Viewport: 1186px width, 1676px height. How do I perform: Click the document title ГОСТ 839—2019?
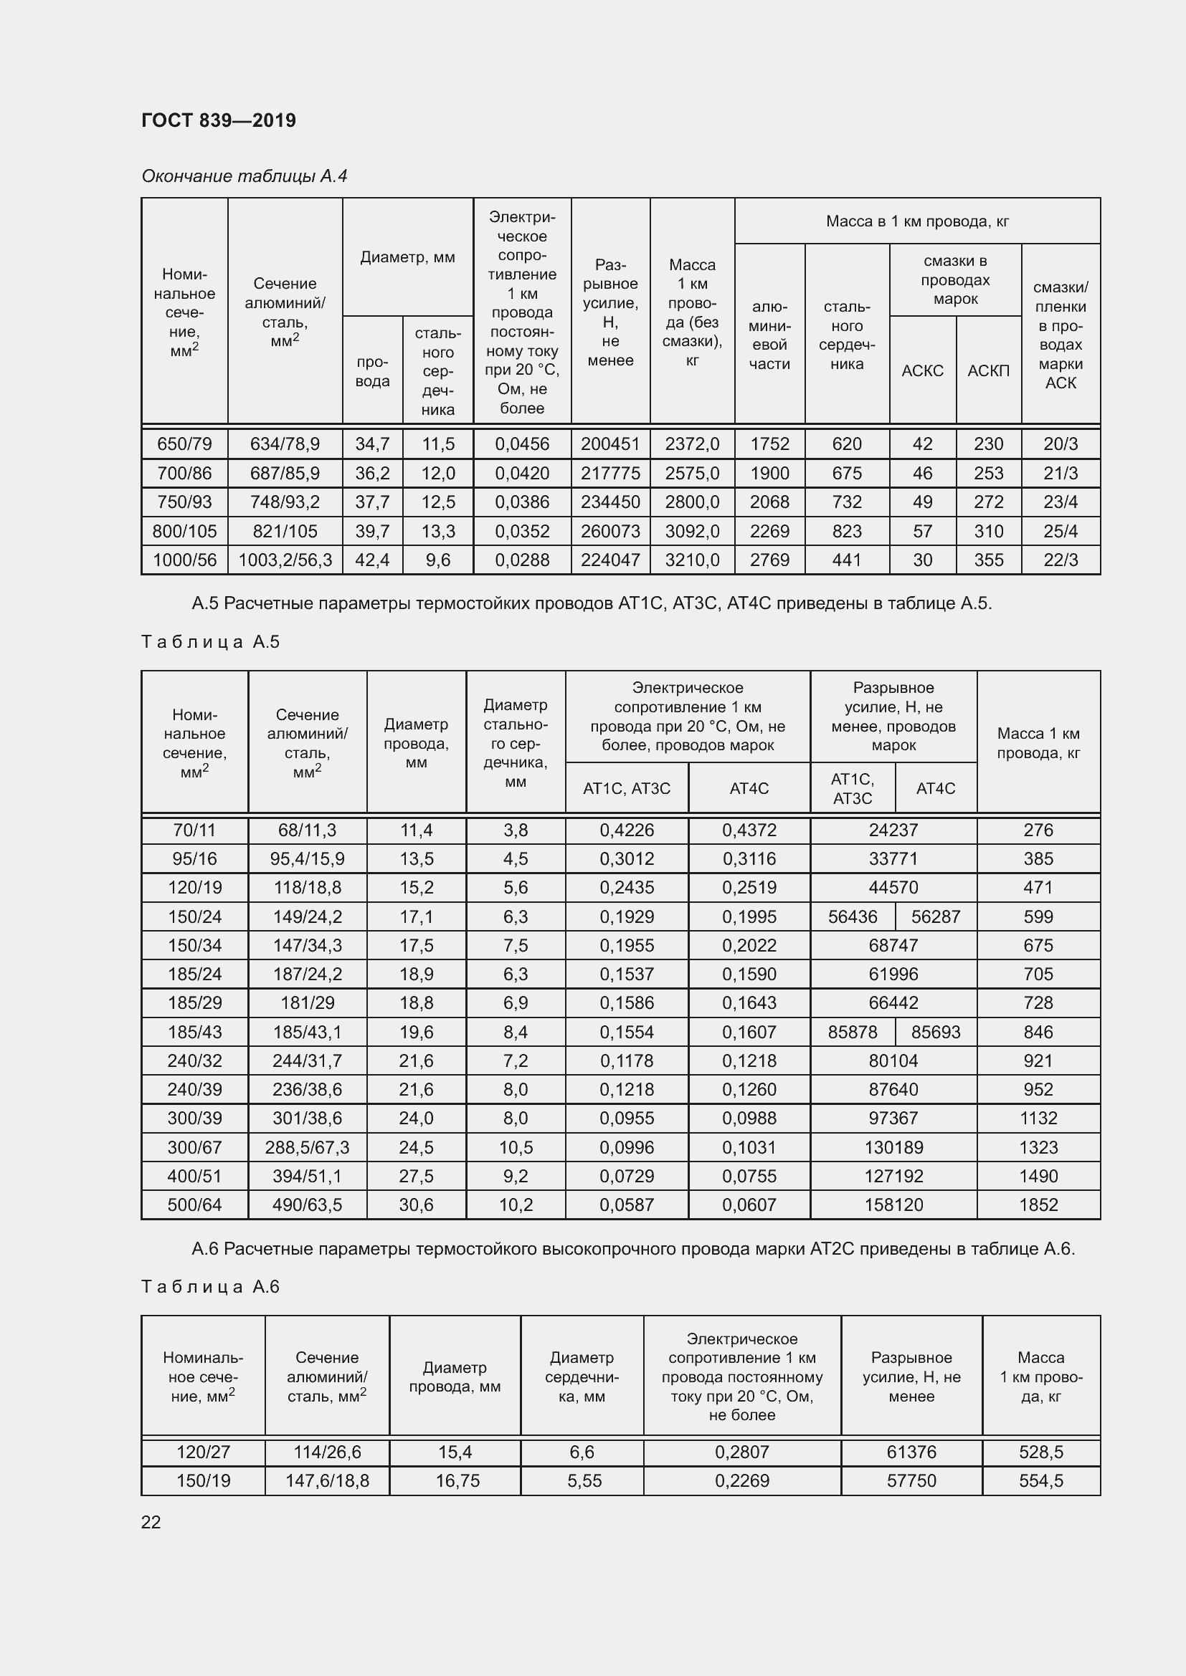coord(219,120)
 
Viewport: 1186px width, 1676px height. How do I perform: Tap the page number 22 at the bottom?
coord(151,1522)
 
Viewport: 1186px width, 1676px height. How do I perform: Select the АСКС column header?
coord(922,371)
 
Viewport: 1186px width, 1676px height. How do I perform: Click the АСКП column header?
coord(988,371)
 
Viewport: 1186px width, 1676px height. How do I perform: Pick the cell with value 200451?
coord(609,444)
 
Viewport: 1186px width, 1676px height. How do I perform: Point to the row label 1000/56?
coord(185,560)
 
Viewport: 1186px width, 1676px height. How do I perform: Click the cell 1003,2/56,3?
coord(285,560)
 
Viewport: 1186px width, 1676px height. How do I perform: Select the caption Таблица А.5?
coord(210,641)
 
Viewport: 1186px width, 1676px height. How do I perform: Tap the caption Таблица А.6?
coord(210,1286)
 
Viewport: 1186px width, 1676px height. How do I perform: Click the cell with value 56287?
coord(936,916)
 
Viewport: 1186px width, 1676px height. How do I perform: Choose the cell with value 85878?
coord(853,1032)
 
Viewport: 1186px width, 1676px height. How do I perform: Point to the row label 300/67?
coord(194,1147)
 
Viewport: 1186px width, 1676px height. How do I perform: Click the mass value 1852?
coord(1038,1205)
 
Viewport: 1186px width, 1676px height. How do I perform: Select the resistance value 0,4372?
coord(749,830)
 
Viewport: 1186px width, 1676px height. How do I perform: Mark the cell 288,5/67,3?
coord(307,1147)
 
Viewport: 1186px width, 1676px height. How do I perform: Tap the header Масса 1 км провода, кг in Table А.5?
coord(1038,743)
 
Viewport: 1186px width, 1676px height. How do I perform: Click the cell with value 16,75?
coord(455,1480)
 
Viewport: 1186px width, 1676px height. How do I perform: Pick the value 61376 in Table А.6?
coord(911,1452)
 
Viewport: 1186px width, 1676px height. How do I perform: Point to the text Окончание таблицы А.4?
coord(244,176)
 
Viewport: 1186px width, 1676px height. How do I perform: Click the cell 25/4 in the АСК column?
coord(1061,532)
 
